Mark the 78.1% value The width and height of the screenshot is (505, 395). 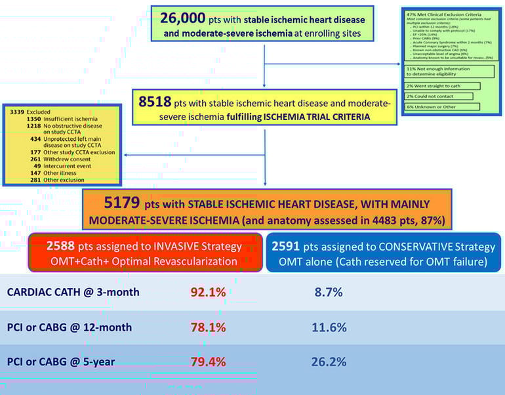[208, 327]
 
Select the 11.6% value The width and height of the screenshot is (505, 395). [329, 327]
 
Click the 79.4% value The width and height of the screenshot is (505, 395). [208, 362]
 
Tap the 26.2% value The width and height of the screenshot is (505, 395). [329, 362]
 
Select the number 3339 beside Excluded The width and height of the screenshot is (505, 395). [17, 112]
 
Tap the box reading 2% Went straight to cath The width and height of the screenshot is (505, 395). [441, 85]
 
